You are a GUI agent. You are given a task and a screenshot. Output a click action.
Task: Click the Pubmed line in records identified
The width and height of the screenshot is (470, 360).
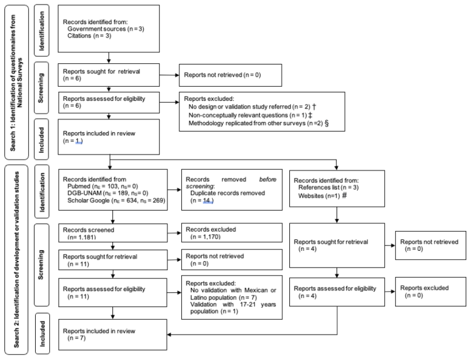point(104,181)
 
